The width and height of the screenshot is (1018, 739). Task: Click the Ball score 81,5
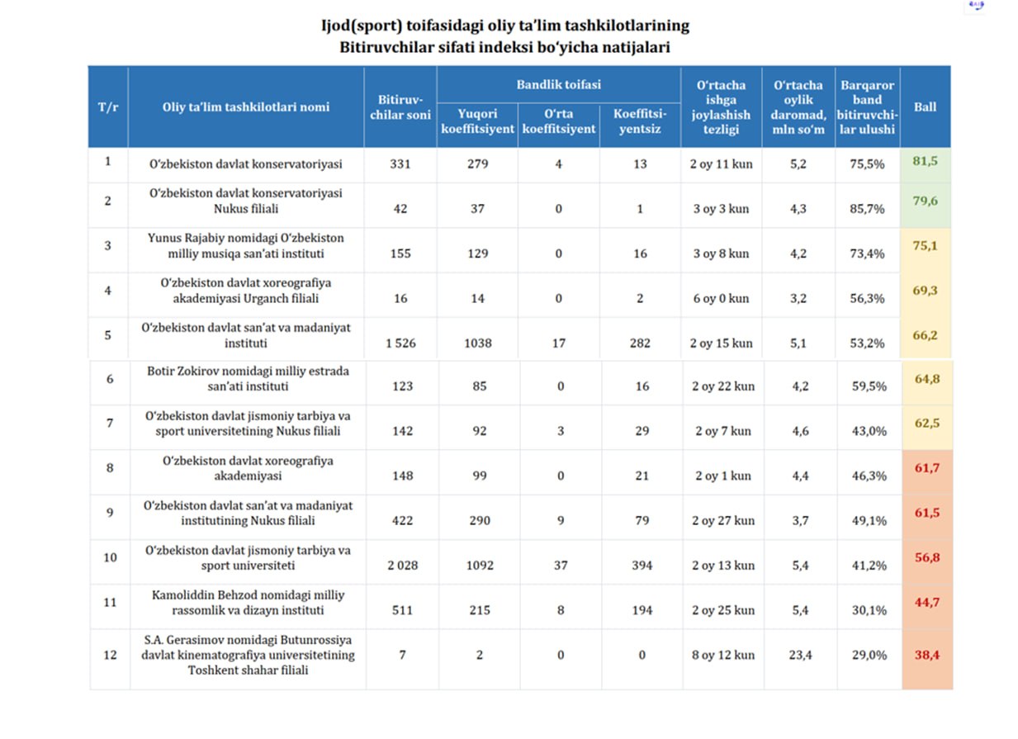(925, 161)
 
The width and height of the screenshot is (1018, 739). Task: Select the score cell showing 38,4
(926, 655)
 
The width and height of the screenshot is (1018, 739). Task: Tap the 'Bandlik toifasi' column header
(558, 84)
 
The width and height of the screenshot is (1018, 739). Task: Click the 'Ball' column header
(925, 107)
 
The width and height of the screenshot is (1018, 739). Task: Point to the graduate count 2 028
(403, 566)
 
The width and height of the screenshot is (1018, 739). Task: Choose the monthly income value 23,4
(800, 655)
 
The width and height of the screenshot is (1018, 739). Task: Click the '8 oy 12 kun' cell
(723, 655)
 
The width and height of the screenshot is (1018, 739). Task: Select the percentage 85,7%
(867, 209)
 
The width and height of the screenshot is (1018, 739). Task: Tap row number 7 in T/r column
(110, 423)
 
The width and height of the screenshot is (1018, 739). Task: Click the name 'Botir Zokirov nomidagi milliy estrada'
(248, 371)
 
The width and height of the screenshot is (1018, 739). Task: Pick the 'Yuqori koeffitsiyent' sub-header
(477, 121)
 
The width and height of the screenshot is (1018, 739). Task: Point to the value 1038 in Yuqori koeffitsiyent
(478, 343)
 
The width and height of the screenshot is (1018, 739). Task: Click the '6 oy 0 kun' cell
(721, 299)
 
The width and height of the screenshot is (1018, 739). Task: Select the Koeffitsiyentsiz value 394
(642, 566)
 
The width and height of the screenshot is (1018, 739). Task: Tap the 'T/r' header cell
(107, 107)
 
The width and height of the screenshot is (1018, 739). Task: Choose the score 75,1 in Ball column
(925, 246)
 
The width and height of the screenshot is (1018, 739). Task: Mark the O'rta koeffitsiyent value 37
(561, 566)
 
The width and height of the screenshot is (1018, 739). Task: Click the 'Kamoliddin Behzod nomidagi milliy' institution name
(248, 595)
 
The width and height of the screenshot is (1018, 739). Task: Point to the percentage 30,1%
(869, 610)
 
